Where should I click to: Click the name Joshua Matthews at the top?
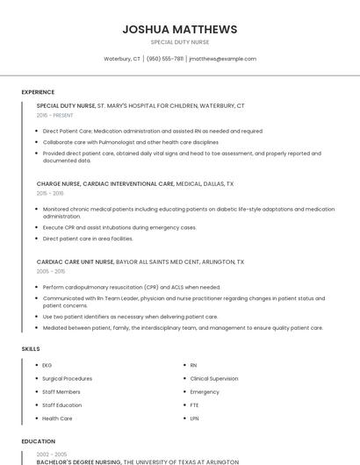coord(179,29)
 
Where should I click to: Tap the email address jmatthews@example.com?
coord(222,59)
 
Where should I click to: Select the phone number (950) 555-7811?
coord(165,59)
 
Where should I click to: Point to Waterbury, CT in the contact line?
coord(122,59)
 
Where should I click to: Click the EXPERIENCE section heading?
coord(38,92)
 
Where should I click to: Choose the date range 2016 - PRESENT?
coord(55,115)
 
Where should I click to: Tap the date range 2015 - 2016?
coord(50,193)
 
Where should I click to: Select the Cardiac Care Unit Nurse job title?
coord(76,261)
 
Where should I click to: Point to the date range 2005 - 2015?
coord(51,271)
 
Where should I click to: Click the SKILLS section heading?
coord(31,349)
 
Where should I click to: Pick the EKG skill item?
coord(47,365)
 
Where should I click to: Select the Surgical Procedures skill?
coord(67,378)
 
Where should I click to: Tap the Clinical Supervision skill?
coord(214,378)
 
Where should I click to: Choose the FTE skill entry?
coord(194,405)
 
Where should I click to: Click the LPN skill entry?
coord(194,418)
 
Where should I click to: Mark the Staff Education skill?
coord(61,405)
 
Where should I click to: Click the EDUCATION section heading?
coord(38,441)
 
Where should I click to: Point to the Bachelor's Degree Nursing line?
coord(79,461)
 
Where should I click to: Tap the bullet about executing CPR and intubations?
coord(119,227)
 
